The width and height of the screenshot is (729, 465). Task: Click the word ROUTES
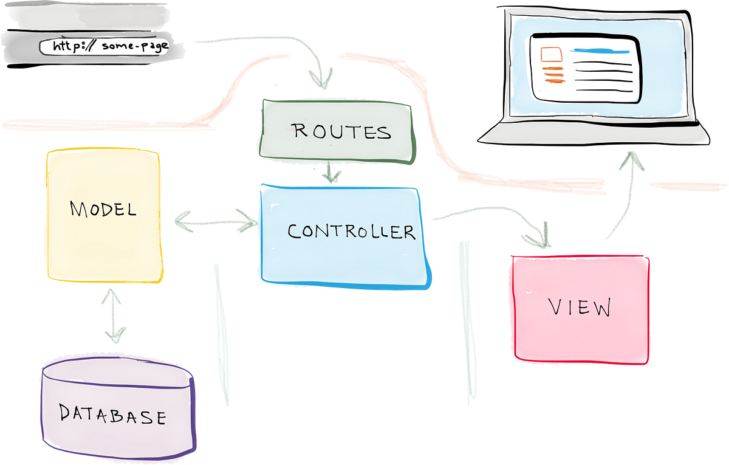click(x=341, y=131)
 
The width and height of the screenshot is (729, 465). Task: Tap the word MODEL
click(x=103, y=210)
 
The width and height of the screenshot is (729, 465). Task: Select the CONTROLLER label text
click(x=351, y=231)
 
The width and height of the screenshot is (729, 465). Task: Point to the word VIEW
click(x=580, y=308)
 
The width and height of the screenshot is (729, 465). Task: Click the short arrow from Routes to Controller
click(x=332, y=173)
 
